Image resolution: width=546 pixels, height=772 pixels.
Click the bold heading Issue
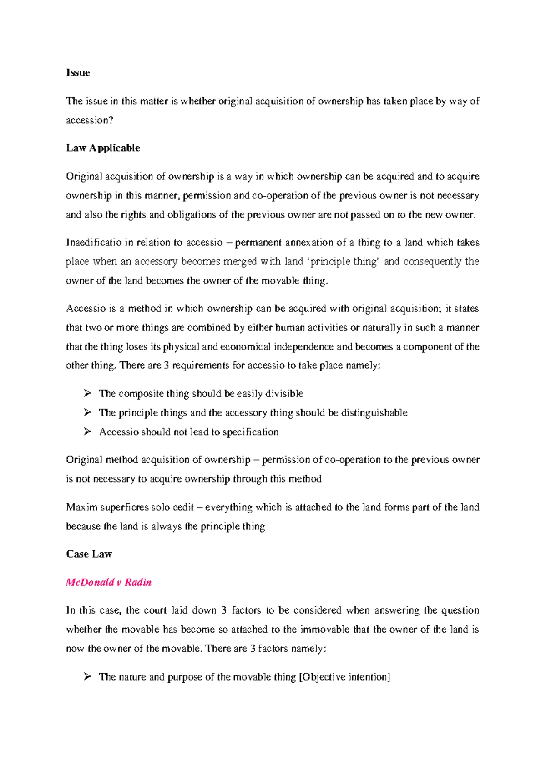(x=78, y=73)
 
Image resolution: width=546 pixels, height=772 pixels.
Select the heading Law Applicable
(x=103, y=148)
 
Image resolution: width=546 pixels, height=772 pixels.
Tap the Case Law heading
(x=89, y=554)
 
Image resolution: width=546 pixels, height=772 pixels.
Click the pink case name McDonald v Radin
(x=109, y=582)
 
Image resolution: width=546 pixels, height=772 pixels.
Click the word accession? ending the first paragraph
(x=90, y=120)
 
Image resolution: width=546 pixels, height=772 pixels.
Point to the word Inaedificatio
(x=93, y=243)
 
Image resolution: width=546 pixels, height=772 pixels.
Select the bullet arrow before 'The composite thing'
(x=88, y=393)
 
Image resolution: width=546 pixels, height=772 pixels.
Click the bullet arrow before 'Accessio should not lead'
(x=88, y=432)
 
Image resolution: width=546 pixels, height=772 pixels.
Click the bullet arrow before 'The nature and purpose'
(x=88, y=677)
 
